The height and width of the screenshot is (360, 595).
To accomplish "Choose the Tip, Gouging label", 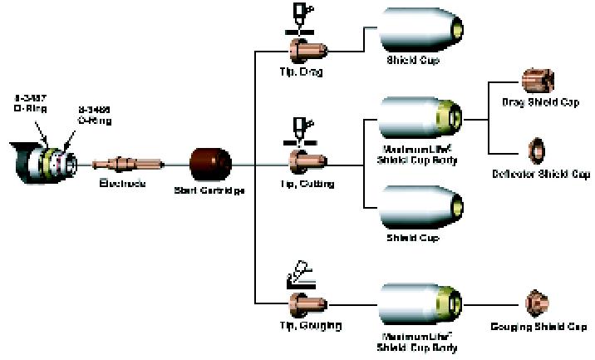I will pos(307,324).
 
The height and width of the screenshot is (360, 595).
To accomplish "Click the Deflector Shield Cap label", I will pos(540,175).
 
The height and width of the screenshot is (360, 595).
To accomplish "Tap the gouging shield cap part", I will pos(535,301).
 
